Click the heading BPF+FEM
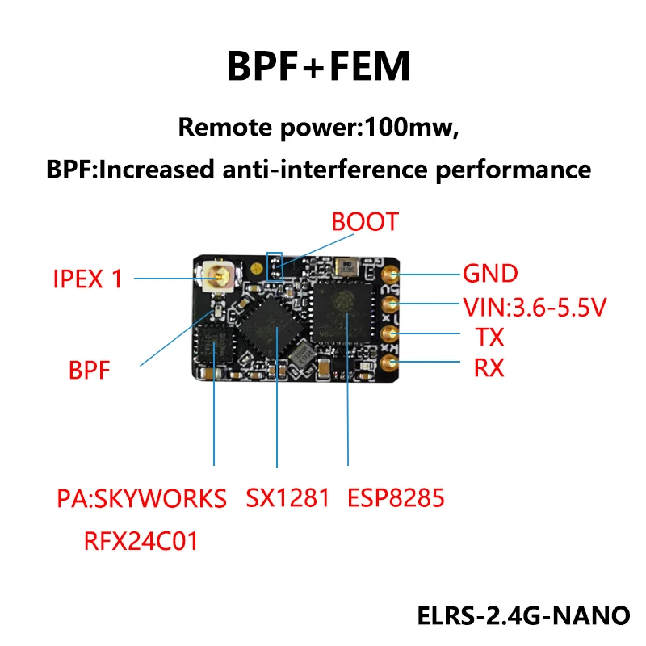click(x=322, y=67)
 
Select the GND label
click(x=489, y=274)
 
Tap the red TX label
click(x=480, y=337)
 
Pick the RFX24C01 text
click(x=141, y=540)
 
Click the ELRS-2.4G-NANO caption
click(x=523, y=615)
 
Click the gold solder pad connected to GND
click(x=390, y=275)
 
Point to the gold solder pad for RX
click(x=390, y=363)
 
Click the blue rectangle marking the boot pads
click(x=274, y=264)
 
